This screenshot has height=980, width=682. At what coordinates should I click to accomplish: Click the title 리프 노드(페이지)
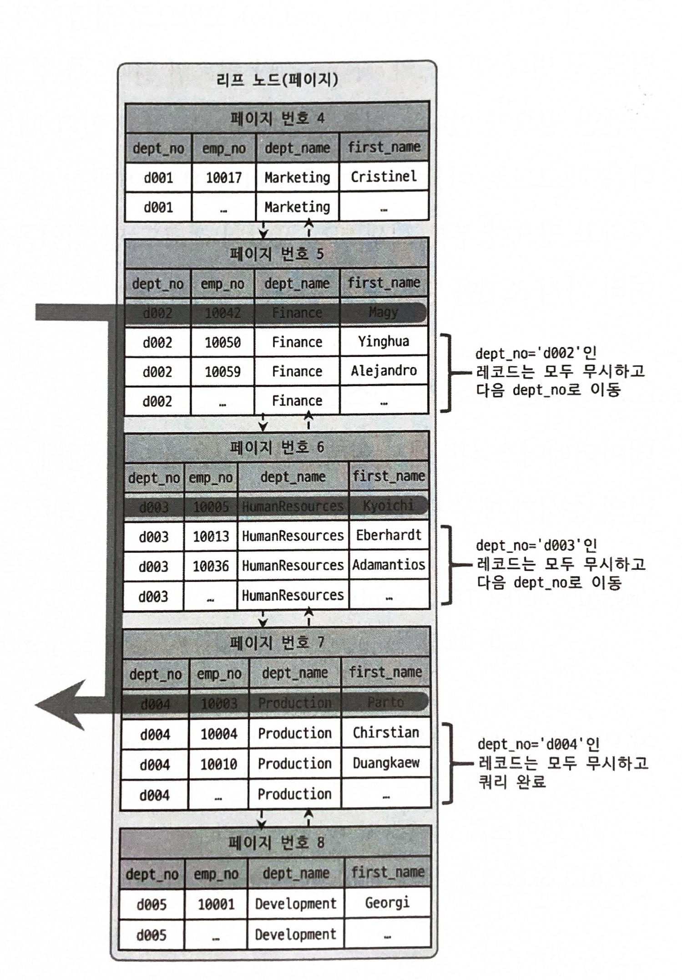click(277, 80)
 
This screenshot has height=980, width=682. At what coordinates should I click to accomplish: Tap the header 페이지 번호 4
click(277, 118)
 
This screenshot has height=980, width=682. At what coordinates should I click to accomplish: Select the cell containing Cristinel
click(384, 177)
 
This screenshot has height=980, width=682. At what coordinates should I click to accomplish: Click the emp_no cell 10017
click(223, 178)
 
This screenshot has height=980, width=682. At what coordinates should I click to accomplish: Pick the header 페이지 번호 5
click(276, 253)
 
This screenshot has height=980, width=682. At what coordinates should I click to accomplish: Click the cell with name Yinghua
click(384, 342)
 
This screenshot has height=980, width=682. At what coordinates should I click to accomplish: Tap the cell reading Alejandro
click(384, 371)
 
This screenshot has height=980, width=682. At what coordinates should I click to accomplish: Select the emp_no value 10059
click(222, 372)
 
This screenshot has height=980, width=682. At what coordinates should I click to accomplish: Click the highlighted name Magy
click(383, 312)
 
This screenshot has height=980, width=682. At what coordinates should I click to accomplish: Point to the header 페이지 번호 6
click(277, 447)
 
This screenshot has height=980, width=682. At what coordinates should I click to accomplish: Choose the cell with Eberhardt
click(389, 535)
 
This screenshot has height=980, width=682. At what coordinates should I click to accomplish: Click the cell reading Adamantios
click(389, 565)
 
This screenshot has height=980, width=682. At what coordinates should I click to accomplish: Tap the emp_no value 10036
click(211, 566)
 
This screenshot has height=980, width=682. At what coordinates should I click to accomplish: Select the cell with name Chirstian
click(386, 733)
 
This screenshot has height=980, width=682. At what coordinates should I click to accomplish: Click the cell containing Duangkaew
click(386, 763)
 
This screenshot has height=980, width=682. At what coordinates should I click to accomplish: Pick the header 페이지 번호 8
click(276, 842)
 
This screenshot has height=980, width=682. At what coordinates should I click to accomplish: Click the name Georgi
click(387, 903)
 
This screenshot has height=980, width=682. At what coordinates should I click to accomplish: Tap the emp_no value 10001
click(216, 904)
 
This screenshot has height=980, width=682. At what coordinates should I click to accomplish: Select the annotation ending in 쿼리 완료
click(562, 763)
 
